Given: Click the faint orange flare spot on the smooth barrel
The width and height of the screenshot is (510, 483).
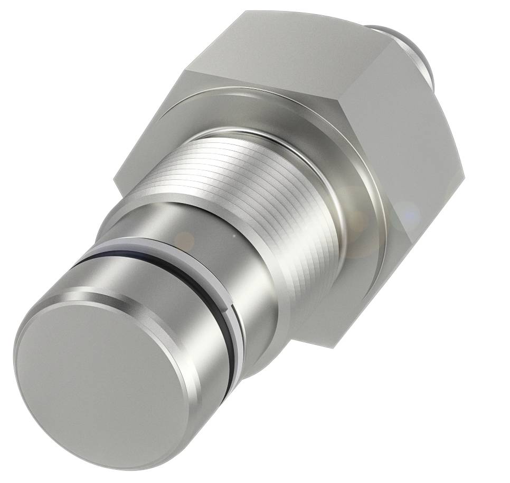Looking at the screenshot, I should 185,240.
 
